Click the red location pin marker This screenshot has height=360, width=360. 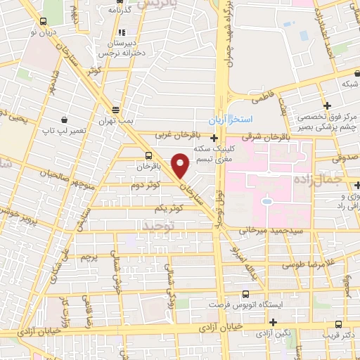pos(181,165)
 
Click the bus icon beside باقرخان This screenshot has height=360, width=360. pos(148,155)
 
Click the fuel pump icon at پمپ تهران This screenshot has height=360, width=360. pos(116,110)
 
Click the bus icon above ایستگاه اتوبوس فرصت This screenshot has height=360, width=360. pos(245,294)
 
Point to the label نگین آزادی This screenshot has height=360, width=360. pos(273,335)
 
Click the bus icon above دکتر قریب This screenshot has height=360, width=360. pos(339,324)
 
